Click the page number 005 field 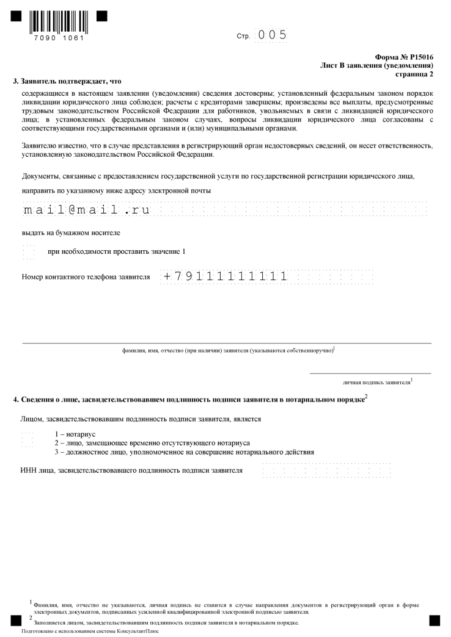click(x=272, y=35)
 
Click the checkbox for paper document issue click(x=28, y=251)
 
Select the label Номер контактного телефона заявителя click(x=86, y=276)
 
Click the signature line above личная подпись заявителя click(x=370, y=373)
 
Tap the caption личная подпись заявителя click(x=376, y=383)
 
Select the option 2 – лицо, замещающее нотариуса click(x=152, y=442)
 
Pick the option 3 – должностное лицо click(x=184, y=452)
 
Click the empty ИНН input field click(x=326, y=470)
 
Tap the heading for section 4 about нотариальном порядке click(x=189, y=400)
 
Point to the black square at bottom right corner click(x=435, y=621)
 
